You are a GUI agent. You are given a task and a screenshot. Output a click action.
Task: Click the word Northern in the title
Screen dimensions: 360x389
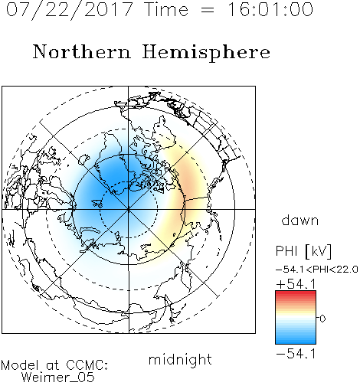pyautogui.click(x=82, y=52)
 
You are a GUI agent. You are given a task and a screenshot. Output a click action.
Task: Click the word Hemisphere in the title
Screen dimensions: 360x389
pyautogui.click(x=206, y=52)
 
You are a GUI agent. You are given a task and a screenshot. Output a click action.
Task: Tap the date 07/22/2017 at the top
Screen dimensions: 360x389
pyautogui.click(x=69, y=10)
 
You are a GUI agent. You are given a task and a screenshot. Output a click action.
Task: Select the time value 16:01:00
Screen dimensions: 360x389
pyautogui.click(x=270, y=9)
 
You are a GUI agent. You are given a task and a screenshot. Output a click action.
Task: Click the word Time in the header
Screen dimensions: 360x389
pyautogui.click(x=166, y=9)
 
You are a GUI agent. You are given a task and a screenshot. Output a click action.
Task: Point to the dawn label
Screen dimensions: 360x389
pyautogui.click(x=300, y=221)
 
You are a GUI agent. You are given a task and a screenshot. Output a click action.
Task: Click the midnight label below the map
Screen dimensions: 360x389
pyautogui.click(x=180, y=359)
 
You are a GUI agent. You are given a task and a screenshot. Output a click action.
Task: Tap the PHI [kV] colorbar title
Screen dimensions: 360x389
pyautogui.click(x=304, y=251)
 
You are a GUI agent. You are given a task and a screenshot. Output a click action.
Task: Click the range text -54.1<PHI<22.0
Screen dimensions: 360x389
pyautogui.click(x=317, y=270)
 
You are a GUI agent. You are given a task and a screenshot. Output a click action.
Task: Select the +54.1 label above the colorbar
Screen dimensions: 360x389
pyautogui.click(x=296, y=284)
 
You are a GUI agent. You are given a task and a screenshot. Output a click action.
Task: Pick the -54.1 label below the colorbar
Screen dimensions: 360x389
pyautogui.click(x=296, y=354)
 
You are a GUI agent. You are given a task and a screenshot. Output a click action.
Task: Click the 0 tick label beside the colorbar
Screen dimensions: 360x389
pyautogui.click(x=322, y=319)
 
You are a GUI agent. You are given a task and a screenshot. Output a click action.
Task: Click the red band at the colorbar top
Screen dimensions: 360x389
pyautogui.click(x=296, y=294)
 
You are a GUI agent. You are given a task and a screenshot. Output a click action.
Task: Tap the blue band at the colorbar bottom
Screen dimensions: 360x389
pyautogui.click(x=296, y=340)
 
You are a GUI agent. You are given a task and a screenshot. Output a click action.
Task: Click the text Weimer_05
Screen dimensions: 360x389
pyautogui.click(x=58, y=378)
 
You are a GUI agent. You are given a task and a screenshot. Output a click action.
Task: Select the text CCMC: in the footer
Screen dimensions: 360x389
pyautogui.click(x=87, y=365)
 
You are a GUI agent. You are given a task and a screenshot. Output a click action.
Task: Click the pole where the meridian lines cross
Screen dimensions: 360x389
pyautogui.click(x=129, y=210)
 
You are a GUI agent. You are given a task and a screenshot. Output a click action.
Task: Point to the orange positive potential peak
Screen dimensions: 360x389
pyautogui.click(x=189, y=185)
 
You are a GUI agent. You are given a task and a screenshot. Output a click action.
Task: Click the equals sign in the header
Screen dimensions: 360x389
pyautogui.click(x=208, y=11)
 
